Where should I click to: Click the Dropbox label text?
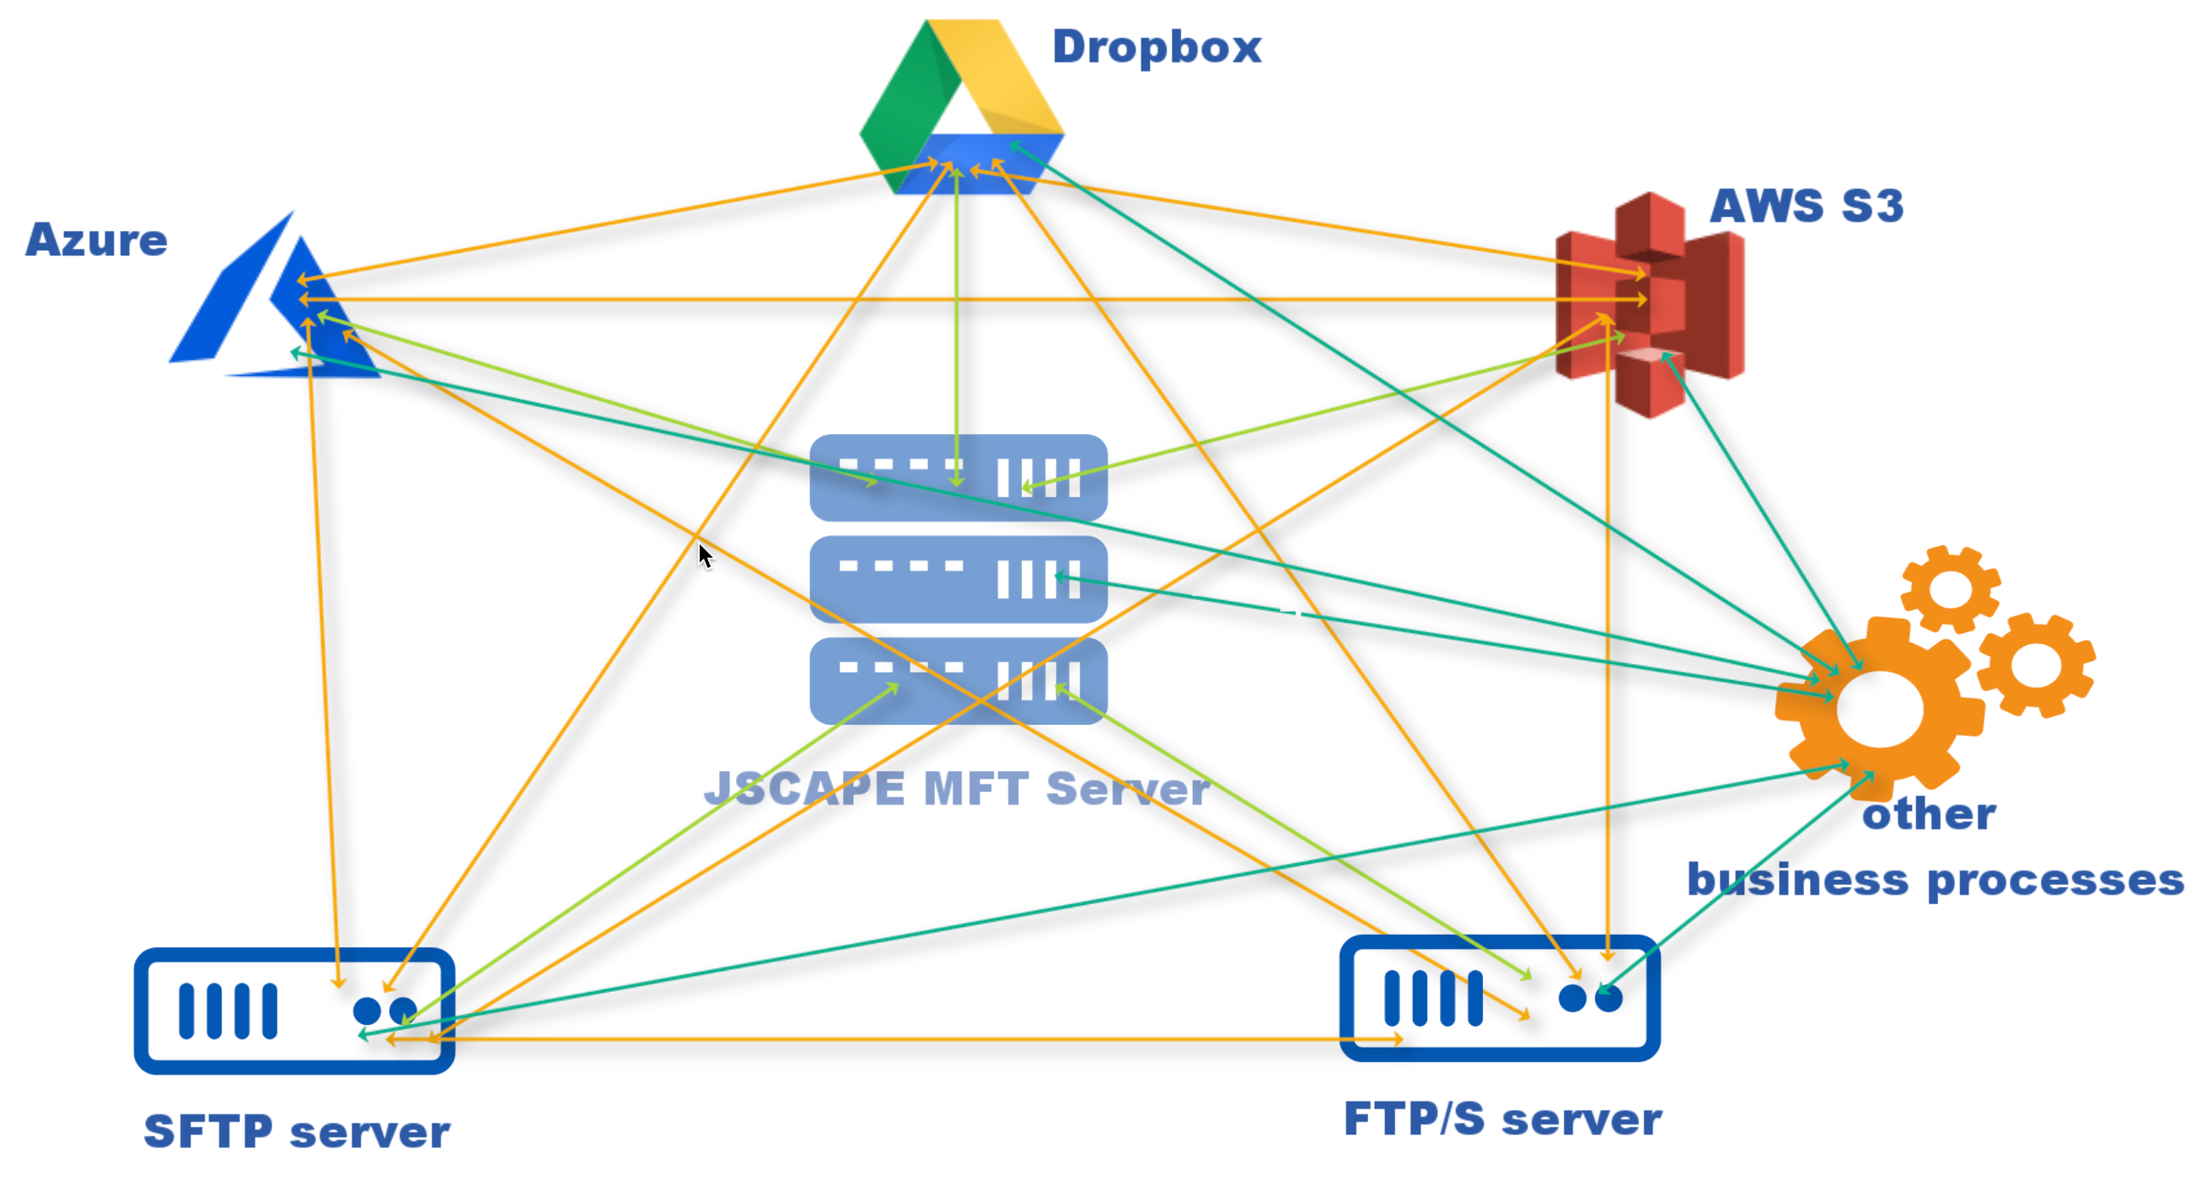[1156, 46]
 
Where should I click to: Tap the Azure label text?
[96, 240]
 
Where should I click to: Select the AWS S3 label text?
[1806, 206]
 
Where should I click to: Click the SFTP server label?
[297, 1132]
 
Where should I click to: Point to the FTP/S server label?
[1502, 1119]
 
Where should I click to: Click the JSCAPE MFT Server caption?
[956, 788]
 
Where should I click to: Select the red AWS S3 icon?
[1650, 304]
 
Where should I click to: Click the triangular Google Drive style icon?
[961, 107]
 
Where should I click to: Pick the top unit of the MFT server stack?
[958, 477]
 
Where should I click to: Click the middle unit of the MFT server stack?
[958, 579]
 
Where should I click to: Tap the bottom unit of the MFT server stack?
[958, 681]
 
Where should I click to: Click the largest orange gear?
[1880, 710]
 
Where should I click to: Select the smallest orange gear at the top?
[1950, 588]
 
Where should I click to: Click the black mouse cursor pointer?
[705, 555]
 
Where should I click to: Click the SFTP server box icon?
[294, 1010]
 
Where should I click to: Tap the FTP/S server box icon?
[1500, 998]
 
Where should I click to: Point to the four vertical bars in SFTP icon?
[228, 1010]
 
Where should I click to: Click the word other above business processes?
[1929, 814]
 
